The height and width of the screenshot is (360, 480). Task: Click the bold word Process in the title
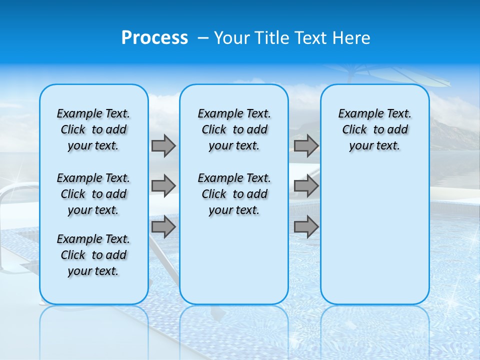click(154, 38)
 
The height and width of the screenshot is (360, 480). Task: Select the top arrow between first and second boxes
click(163, 146)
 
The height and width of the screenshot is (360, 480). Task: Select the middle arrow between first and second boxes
click(163, 186)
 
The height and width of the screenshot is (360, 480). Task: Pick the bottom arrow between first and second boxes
click(163, 227)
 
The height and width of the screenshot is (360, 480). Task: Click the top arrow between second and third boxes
click(306, 146)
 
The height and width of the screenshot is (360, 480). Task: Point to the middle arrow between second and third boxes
click(306, 186)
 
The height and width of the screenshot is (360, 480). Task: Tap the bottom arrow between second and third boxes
click(306, 227)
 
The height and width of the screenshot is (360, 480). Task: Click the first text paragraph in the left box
click(93, 129)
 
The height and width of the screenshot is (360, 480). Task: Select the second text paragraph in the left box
click(93, 194)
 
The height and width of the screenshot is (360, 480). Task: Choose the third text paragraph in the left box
click(93, 255)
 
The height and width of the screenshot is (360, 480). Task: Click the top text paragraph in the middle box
click(234, 129)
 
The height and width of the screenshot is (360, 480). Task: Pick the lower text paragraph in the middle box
click(234, 194)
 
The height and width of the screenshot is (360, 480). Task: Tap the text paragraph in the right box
click(375, 129)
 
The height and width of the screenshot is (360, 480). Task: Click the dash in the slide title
click(202, 38)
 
